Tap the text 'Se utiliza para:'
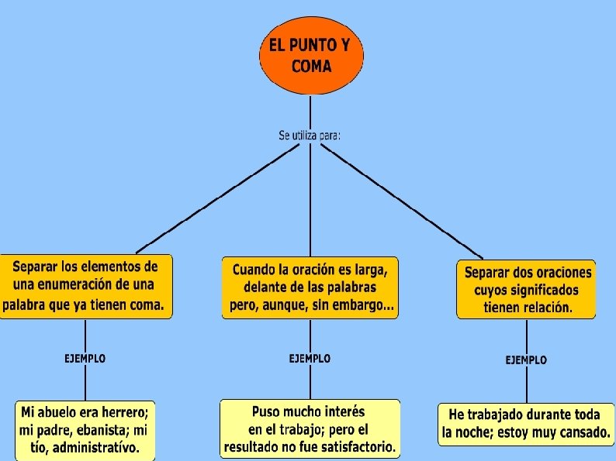coord(310,136)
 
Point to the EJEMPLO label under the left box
coord(85,359)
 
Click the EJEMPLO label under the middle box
coord(310,359)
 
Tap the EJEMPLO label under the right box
coord(526,360)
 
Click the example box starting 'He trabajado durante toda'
coord(526,424)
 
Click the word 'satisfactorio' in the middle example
coord(354,447)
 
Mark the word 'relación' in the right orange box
coord(544,308)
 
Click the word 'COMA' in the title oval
coord(311,66)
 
